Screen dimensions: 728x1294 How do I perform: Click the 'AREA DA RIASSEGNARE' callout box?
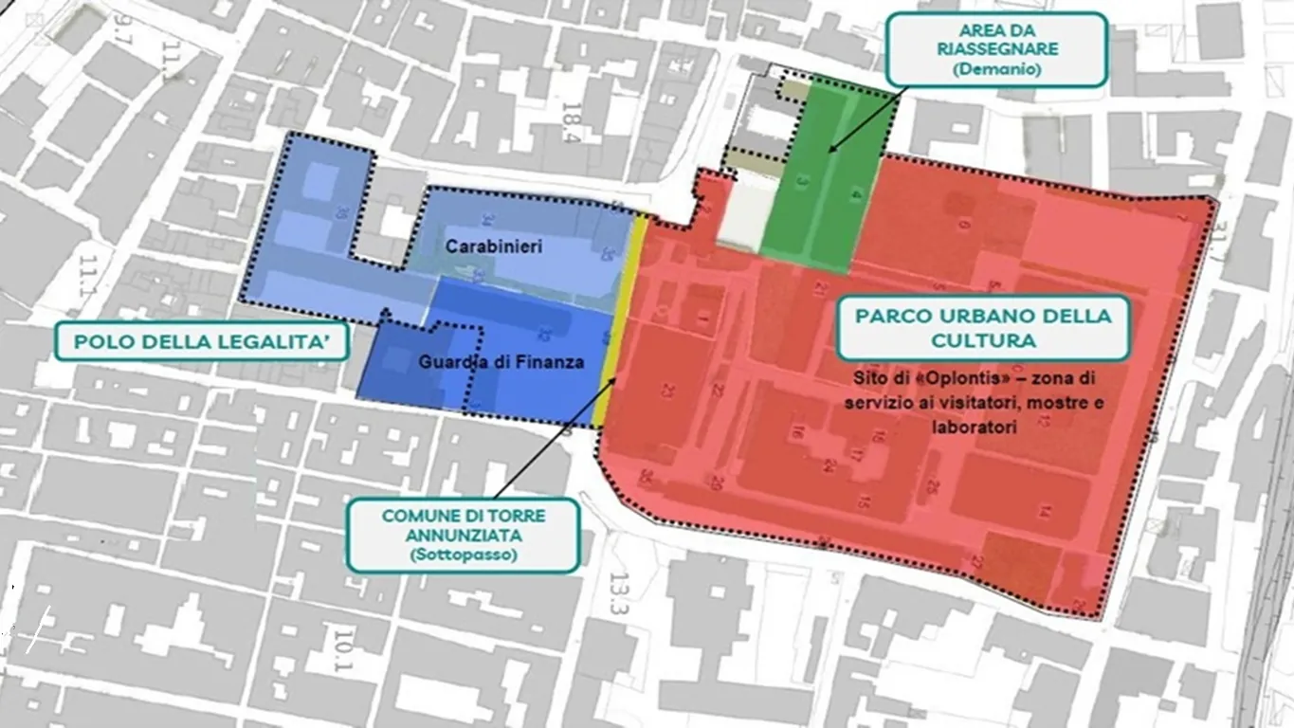point(997,48)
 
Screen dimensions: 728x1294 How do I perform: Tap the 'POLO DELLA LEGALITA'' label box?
point(202,341)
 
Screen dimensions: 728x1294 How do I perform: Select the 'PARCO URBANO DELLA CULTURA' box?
point(982,327)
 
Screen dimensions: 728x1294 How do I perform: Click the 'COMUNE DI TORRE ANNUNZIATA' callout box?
point(463,536)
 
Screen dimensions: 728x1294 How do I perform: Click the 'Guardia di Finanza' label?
point(501,362)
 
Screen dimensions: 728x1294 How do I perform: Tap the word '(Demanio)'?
point(997,69)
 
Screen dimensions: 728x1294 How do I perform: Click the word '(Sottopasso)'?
point(464,555)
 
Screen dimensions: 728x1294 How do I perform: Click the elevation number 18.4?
point(572,122)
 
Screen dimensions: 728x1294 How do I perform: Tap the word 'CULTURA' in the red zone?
point(982,339)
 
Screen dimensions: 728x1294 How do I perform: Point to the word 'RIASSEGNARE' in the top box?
point(996,48)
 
